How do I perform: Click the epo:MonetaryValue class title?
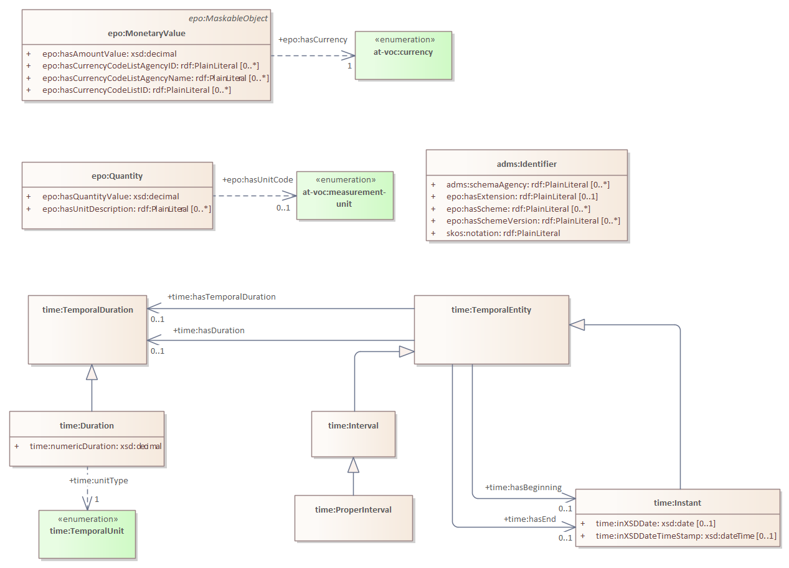tap(146, 33)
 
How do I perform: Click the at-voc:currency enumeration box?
tap(404, 55)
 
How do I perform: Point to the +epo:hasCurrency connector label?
tap(313, 40)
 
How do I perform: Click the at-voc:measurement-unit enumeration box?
tap(344, 196)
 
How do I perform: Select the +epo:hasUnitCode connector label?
tap(258, 179)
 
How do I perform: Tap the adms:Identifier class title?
tap(526, 164)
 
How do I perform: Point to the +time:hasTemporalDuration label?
tap(222, 297)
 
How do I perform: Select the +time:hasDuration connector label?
tap(209, 331)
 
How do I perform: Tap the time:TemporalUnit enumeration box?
tap(87, 534)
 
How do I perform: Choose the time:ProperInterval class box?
tap(353, 518)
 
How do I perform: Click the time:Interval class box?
tap(353, 434)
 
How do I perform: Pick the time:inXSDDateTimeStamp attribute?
tap(686, 536)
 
